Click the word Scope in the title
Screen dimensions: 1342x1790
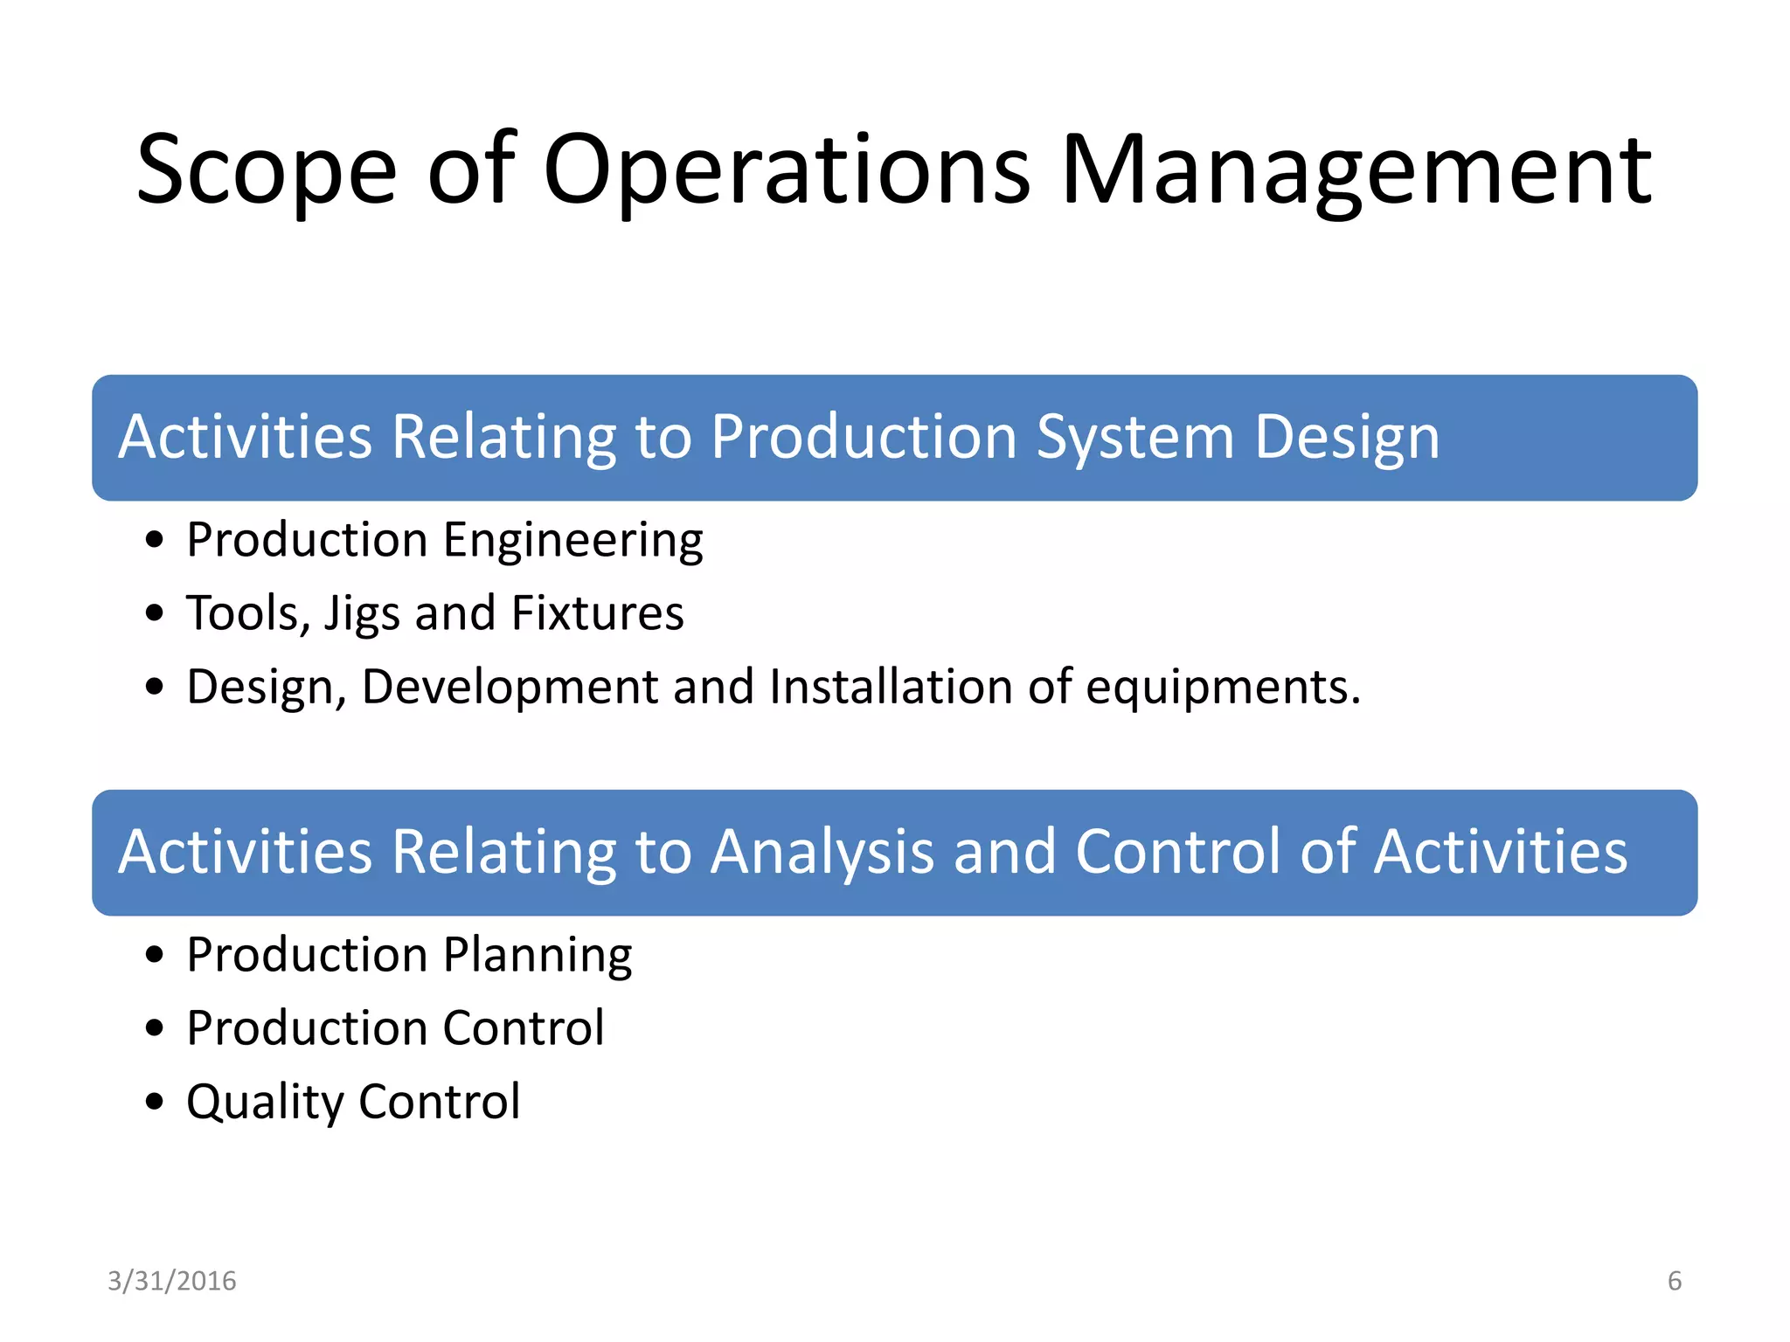[267, 170]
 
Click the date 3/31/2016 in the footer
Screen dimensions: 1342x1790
[172, 1281]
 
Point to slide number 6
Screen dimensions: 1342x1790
[1675, 1281]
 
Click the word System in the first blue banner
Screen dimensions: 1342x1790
[1134, 437]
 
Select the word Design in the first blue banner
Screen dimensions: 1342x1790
[1347, 437]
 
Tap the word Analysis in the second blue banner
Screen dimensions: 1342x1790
[822, 852]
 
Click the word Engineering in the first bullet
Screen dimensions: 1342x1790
[572, 541]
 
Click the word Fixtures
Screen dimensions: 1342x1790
[597, 613]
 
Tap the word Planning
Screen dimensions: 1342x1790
[538, 956]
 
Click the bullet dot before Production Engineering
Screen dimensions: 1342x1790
[155, 540]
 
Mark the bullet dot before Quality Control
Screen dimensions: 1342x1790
[155, 1102]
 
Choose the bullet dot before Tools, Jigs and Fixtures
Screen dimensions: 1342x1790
[155, 613]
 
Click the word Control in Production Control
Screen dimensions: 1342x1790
[524, 1028]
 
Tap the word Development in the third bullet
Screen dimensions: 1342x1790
[510, 687]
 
